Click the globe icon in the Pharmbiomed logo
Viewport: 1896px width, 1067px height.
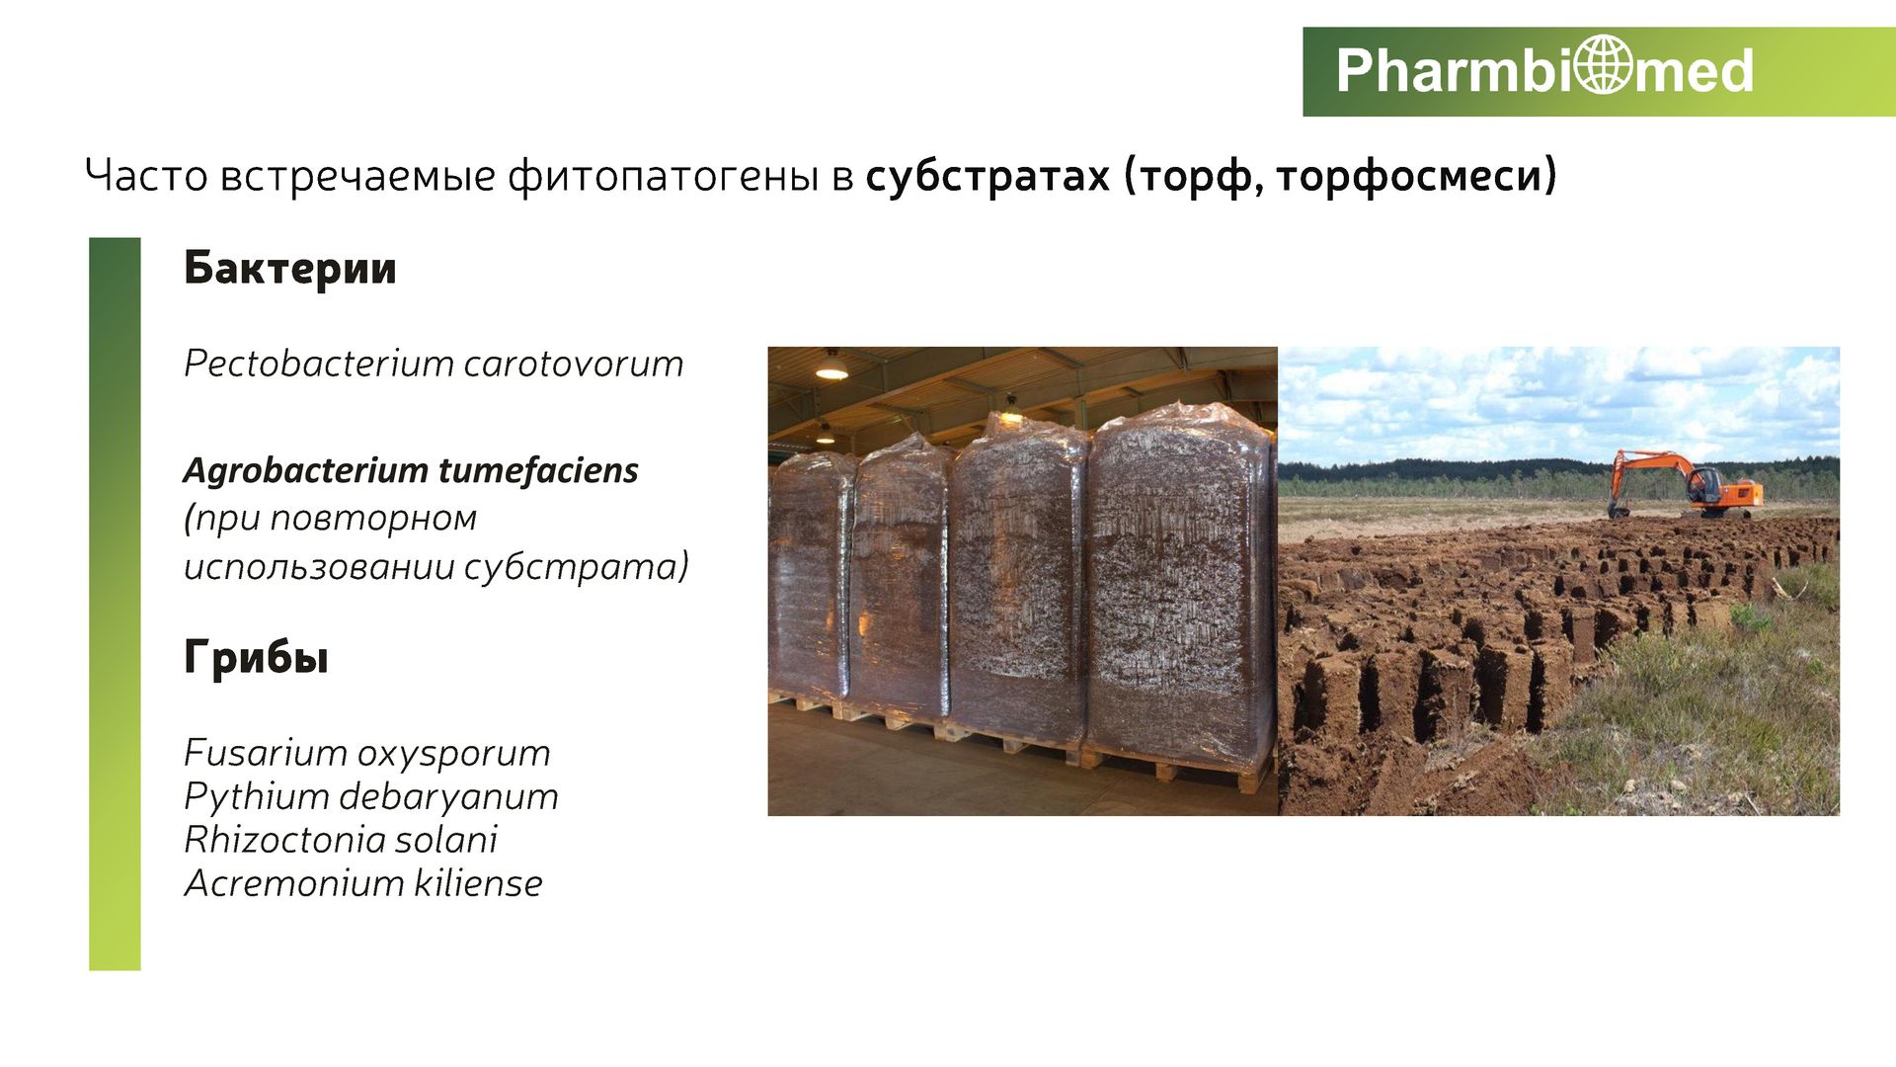pyautogui.click(x=1603, y=65)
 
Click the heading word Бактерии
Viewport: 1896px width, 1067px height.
pyautogui.click(x=289, y=268)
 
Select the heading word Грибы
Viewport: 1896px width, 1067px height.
pyautogui.click(x=256, y=658)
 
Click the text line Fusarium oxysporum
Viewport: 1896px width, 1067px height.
pyautogui.click(x=366, y=754)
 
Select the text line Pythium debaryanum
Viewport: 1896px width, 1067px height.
pyautogui.click(x=370, y=797)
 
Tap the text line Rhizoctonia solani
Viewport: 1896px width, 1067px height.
pyautogui.click(x=341, y=840)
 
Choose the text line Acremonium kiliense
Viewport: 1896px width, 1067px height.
pyautogui.click(x=363, y=883)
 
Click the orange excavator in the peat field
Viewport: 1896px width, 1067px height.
pyautogui.click(x=1685, y=484)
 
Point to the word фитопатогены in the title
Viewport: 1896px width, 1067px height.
pyautogui.click(x=663, y=177)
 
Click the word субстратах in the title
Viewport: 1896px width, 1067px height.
pyautogui.click(x=987, y=176)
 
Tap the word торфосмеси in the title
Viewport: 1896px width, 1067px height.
pyautogui.click(x=1415, y=176)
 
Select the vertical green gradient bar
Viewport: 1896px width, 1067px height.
pyautogui.click(x=115, y=604)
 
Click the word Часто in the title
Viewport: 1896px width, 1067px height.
pyautogui.click(x=145, y=176)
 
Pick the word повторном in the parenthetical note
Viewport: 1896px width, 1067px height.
pyautogui.click(x=373, y=519)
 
